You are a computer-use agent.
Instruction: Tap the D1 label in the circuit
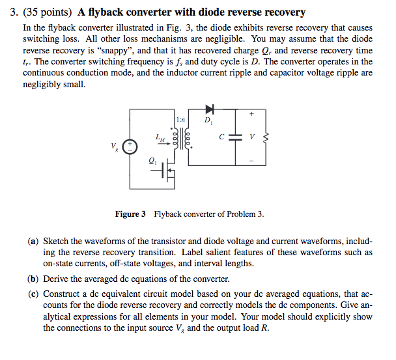pyautogui.click(x=208, y=120)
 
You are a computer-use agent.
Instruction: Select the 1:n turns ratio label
pyautogui.click(x=180, y=119)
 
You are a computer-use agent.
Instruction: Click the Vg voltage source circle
pyautogui.click(x=131, y=146)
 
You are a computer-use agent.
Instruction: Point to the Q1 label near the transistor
pyautogui.click(x=152, y=161)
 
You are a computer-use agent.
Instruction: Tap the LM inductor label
pyautogui.click(x=160, y=137)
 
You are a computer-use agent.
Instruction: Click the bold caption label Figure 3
pyautogui.click(x=130, y=214)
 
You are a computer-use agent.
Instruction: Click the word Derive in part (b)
pyautogui.click(x=57, y=279)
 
